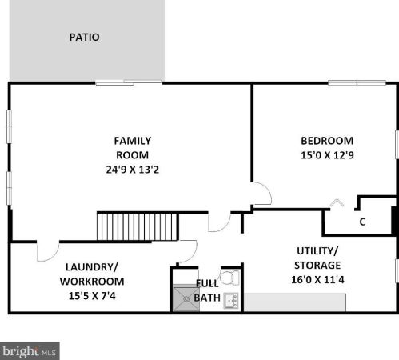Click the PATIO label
(84, 37)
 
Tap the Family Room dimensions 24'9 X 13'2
(133, 170)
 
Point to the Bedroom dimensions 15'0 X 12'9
(327, 155)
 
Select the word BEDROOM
(327, 141)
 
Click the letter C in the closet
(362, 222)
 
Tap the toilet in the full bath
(229, 278)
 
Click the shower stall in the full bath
(186, 298)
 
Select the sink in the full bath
(231, 301)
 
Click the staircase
(138, 226)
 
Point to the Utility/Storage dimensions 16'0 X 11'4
(317, 280)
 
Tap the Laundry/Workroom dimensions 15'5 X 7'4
(92, 296)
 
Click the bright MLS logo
(30, 351)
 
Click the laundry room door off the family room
(48, 252)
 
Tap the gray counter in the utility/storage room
(295, 302)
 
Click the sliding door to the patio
(129, 83)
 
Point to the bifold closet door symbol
(337, 202)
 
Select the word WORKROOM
(92, 282)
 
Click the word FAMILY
(133, 141)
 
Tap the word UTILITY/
(317, 251)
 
